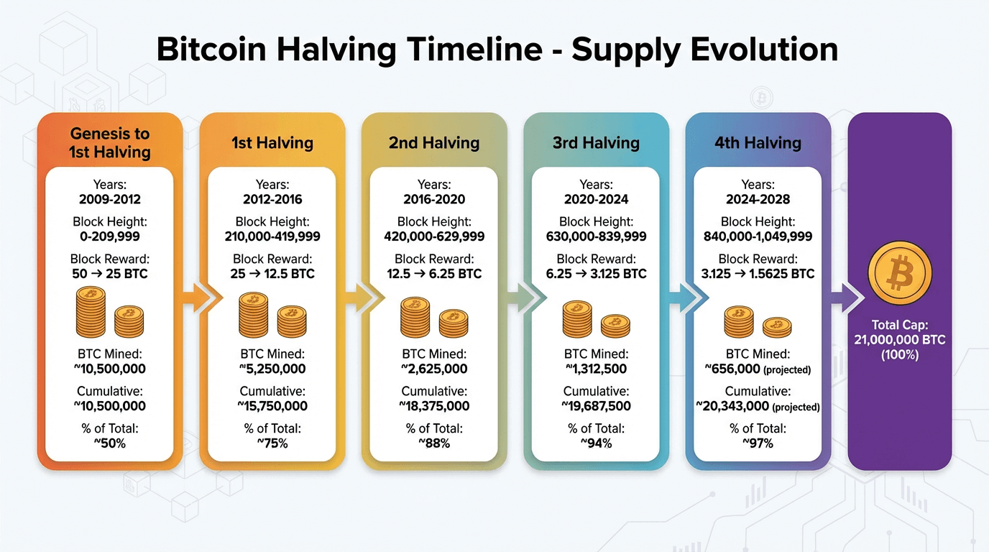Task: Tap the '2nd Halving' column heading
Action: [x=434, y=143]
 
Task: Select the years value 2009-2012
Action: [x=110, y=199]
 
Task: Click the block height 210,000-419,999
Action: [x=272, y=236]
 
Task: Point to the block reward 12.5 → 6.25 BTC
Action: [x=434, y=274]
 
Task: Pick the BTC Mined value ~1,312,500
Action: [x=596, y=369]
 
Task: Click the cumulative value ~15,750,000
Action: [x=272, y=406]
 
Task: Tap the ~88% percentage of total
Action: [x=434, y=443]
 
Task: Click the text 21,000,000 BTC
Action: [x=899, y=339]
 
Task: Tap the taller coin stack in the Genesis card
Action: [x=91, y=313]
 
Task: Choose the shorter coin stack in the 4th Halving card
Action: [x=777, y=327]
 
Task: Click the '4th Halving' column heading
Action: [x=758, y=143]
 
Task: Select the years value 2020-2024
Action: [x=596, y=199]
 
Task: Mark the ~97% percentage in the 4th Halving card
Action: [x=758, y=443]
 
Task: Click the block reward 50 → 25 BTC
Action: [x=110, y=274]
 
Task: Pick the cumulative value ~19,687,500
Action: [x=596, y=406]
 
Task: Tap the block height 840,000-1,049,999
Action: [x=758, y=236]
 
